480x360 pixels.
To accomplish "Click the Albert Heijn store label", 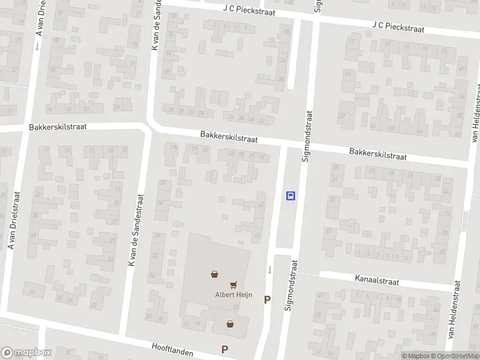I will click(x=233, y=294).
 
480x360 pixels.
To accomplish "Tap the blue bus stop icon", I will click(x=290, y=195).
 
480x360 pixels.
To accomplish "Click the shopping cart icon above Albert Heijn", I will click(x=233, y=284).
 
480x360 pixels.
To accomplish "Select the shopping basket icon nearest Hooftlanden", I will click(x=230, y=324).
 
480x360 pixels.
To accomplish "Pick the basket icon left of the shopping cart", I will click(x=214, y=275).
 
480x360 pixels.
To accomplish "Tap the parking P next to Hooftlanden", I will click(x=224, y=349).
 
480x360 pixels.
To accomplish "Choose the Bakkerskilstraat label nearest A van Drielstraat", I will click(x=58, y=127).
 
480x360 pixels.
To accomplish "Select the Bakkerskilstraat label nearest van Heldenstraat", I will click(x=378, y=154).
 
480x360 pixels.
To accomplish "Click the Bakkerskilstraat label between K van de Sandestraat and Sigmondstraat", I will click(x=229, y=137).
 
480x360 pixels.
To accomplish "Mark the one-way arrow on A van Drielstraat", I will click(x=37, y=46).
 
